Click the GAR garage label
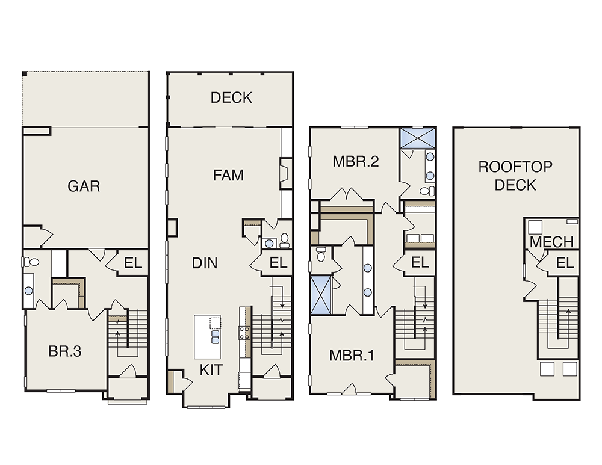(x=84, y=186)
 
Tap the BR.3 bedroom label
(x=65, y=351)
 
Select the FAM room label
(x=228, y=175)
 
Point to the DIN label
(x=205, y=263)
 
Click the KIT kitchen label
(x=211, y=369)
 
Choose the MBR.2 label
(x=356, y=161)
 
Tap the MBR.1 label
(x=352, y=356)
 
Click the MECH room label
(x=551, y=242)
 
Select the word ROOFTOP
(x=515, y=167)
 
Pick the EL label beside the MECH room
(x=565, y=263)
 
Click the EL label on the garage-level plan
(x=133, y=263)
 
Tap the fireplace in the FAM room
(x=285, y=173)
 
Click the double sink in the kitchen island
(x=215, y=337)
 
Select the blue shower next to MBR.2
(x=417, y=137)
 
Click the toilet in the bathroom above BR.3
(x=31, y=262)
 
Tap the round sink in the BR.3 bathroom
(x=28, y=291)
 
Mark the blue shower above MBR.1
(x=321, y=295)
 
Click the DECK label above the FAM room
(x=231, y=97)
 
